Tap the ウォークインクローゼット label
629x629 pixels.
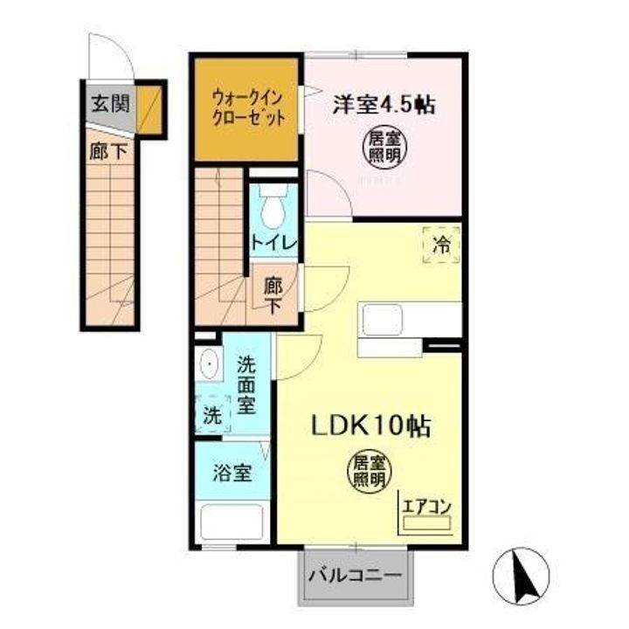248,108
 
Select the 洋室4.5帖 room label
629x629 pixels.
383,104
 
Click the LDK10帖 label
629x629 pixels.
370,426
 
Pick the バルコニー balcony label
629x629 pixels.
356,577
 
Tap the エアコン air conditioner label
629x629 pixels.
425,507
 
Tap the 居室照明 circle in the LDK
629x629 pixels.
370,471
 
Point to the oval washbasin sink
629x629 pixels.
209,363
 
